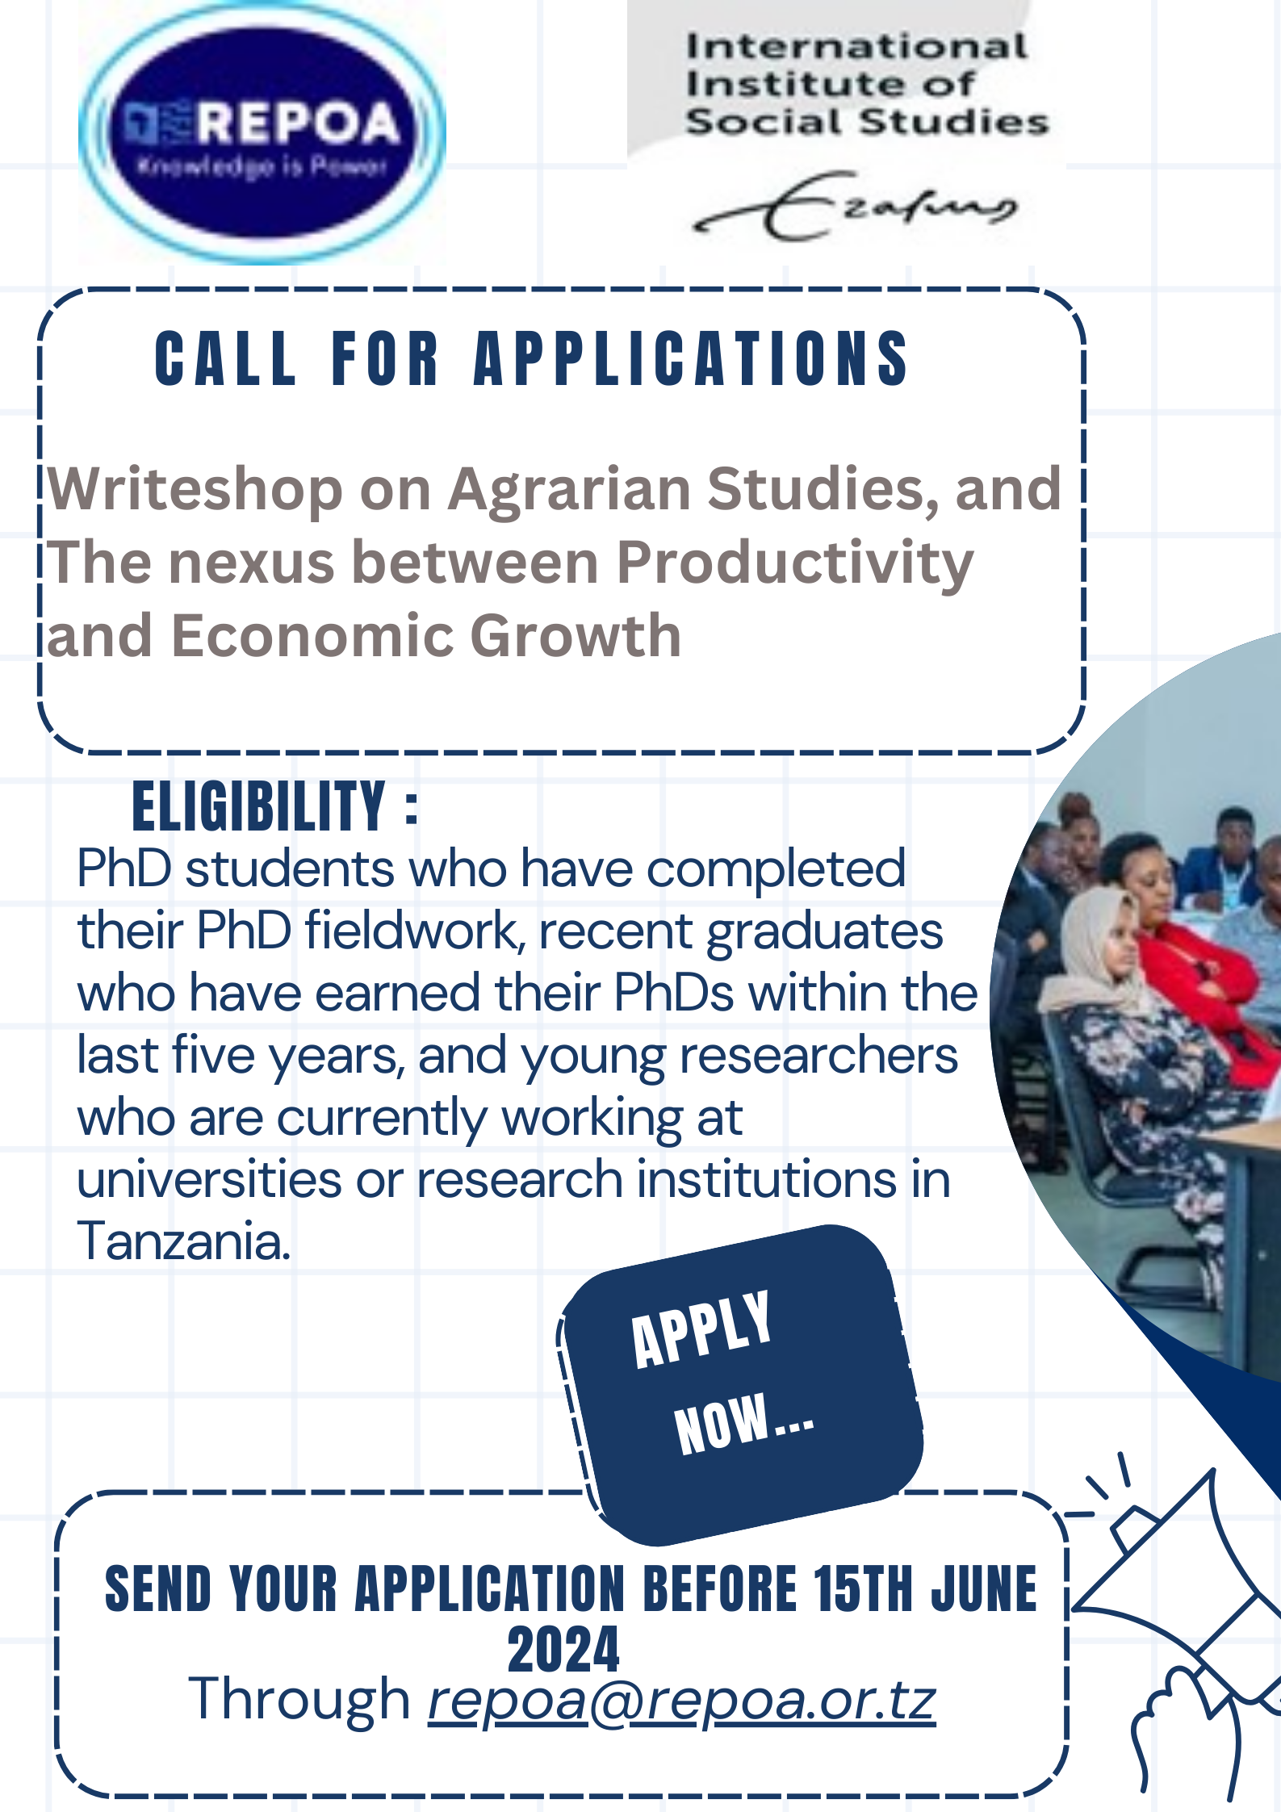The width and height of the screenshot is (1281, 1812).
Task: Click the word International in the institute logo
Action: coord(856,47)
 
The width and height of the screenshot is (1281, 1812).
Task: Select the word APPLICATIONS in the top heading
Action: coord(692,359)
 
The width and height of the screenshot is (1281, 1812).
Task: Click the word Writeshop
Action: coord(195,490)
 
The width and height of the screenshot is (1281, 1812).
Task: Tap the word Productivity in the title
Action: coord(795,563)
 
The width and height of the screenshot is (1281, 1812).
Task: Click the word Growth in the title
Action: coord(576,636)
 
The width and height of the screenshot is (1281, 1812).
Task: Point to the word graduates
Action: coord(824,933)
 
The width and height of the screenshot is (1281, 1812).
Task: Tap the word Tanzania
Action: coord(184,1241)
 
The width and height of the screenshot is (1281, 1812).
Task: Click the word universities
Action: coord(209,1179)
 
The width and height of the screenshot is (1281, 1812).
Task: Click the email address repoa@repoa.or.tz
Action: coord(682,1700)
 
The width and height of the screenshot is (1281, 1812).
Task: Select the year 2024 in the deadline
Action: coord(563,1650)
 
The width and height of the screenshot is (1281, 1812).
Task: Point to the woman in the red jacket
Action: coord(1187,952)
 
